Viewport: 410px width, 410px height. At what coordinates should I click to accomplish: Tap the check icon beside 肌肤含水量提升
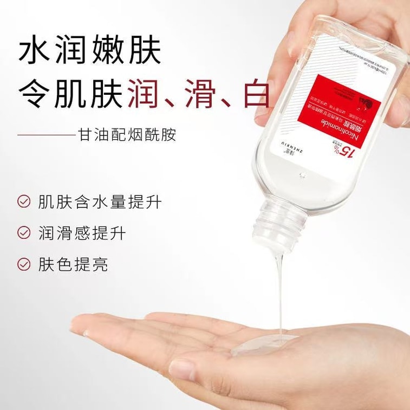click(24, 201)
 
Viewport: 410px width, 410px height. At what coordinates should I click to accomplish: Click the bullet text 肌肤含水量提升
click(100, 201)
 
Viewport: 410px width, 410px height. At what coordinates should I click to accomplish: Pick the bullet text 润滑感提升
click(82, 233)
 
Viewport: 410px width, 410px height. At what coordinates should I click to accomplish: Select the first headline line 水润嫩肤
click(90, 51)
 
